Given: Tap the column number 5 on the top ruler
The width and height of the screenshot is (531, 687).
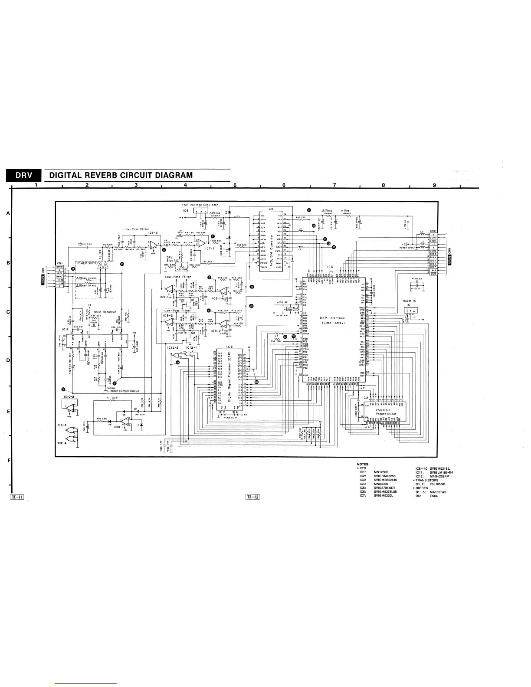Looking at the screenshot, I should [235, 186].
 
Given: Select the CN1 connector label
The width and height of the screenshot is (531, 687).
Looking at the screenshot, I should [60, 263].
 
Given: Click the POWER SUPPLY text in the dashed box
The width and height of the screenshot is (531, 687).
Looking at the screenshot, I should [88, 263].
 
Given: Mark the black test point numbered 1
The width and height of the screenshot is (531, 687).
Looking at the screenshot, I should [213, 236].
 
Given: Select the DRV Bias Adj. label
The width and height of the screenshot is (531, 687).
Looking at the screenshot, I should [173, 258].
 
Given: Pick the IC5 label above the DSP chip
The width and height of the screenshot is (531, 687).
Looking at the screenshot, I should [229, 347].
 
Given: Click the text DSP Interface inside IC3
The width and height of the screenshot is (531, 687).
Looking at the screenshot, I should [332, 318].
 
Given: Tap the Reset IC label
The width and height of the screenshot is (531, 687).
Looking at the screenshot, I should [410, 301].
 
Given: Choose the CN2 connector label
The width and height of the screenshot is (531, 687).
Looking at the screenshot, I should [433, 231].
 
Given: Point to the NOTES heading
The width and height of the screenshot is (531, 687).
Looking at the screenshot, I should [363, 464].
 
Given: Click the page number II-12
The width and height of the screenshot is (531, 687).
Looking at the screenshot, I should [252, 497].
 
